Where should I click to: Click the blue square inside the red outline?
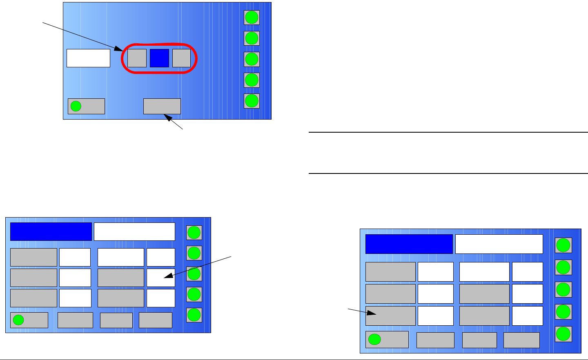tap(159, 58)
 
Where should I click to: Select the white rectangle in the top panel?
tap(88, 58)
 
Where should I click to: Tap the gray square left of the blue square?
tap(137, 58)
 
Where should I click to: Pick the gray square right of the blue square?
tap(181, 58)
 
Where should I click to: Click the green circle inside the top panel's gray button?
tap(76, 106)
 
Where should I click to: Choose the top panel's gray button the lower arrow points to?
tap(162, 106)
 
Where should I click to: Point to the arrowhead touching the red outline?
tap(123, 50)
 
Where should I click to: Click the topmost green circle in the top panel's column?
tap(252, 18)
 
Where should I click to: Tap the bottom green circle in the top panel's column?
tap(252, 100)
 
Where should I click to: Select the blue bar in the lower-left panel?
tap(51, 231)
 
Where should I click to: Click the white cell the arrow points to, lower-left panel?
tap(161, 278)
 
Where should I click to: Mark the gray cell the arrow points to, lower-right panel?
tap(390, 316)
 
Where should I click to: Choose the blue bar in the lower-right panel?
tap(409, 244)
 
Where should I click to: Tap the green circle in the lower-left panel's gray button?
tap(18, 320)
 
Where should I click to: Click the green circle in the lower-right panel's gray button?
tap(374, 339)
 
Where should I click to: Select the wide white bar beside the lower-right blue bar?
tap(499, 244)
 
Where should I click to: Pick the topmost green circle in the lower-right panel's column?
tap(563, 245)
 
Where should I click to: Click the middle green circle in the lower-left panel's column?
tap(194, 273)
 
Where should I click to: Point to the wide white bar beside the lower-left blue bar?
tap(134, 231)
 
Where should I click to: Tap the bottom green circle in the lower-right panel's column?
tap(563, 334)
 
